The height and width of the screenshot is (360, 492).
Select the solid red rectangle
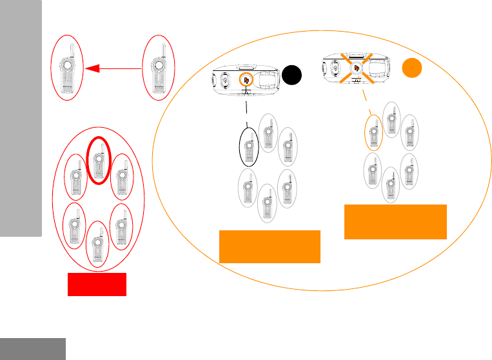point(97,285)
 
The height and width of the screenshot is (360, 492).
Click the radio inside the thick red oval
point(97,160)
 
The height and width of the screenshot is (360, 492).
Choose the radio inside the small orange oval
point(372,134)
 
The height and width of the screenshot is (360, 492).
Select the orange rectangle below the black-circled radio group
point(270,246)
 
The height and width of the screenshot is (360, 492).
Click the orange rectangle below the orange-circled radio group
point(395,221)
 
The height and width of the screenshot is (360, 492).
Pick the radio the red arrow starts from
point(157,66)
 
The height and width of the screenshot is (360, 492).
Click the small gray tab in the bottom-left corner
point(33,348)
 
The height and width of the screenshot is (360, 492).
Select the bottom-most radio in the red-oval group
point(96,244)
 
